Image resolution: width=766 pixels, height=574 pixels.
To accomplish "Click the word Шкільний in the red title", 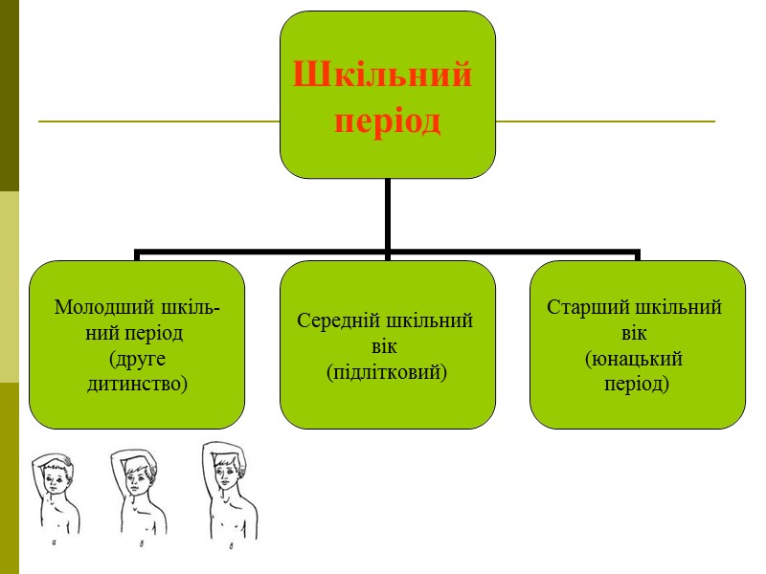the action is pos(382,75).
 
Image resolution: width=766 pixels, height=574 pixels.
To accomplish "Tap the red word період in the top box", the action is pos(387,123).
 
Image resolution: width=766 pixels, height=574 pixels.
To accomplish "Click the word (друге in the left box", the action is pos(139,360).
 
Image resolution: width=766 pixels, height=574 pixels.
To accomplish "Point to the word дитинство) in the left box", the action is pos(137,384).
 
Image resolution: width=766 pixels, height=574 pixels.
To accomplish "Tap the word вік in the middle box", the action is pos(388,346).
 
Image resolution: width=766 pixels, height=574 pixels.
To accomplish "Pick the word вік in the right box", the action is pos(634,334).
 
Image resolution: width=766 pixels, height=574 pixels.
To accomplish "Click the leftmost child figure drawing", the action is pos(56,497).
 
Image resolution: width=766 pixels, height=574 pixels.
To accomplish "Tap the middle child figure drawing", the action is pos(138,494).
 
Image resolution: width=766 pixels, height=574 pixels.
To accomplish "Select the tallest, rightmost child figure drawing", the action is pos(229,490).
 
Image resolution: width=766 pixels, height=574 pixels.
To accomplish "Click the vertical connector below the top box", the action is pos(388,215).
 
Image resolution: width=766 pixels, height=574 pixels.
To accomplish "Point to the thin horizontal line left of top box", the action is pos(158,121).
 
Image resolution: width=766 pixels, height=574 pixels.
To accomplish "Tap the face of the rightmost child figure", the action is pos(228,473).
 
